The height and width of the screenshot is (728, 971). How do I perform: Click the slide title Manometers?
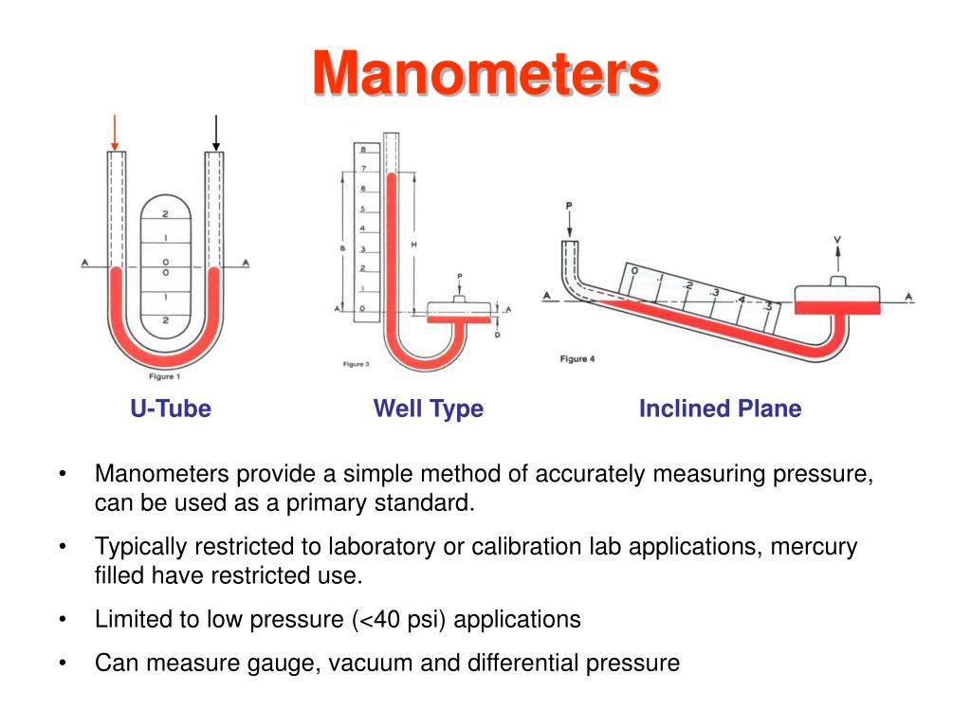485,74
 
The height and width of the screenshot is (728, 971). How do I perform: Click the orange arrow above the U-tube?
115,132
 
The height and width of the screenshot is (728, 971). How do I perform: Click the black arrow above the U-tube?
216,132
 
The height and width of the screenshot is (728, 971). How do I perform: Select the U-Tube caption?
171,409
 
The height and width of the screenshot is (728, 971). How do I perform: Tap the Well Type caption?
429,409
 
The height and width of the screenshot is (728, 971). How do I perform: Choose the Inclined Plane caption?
720,409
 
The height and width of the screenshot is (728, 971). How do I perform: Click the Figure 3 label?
356,363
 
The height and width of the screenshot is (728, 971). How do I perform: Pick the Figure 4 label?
577,359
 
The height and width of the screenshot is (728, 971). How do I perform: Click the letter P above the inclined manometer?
569,205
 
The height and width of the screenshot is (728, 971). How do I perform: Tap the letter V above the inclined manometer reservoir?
837,241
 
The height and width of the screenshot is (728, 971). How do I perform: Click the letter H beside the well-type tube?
414,245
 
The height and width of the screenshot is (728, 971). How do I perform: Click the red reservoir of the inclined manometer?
837,305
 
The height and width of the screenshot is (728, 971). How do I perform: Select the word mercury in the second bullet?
817,547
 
